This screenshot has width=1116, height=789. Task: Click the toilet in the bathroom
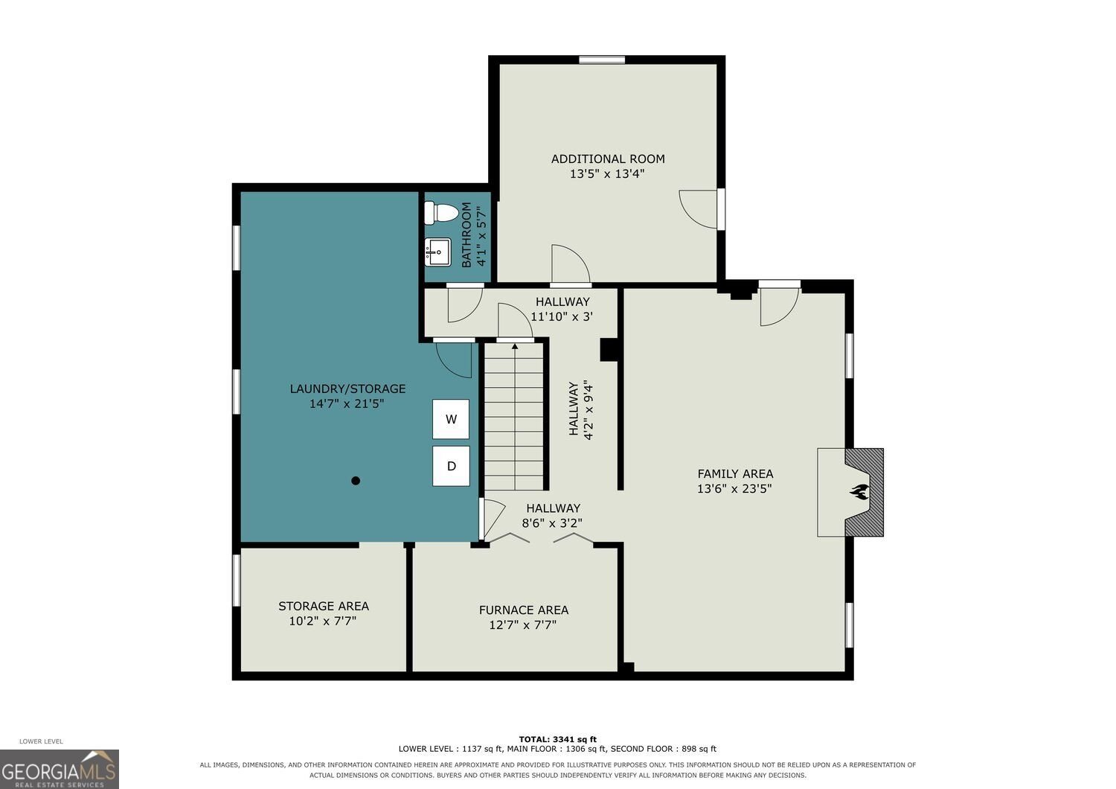[x=441, y=214]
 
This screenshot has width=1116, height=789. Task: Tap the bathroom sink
[x=437, y=252]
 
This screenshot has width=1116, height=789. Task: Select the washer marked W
[x=450, y=418]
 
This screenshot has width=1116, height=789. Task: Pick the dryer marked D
[x=450, y=466]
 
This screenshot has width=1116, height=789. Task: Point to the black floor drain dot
[x=355, y=481]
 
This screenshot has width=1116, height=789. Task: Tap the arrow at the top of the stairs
[x=515, y=345]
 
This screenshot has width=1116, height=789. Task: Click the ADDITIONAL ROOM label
[x=608, y=159]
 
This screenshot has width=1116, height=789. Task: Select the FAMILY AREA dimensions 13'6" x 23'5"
[x=734, y=488]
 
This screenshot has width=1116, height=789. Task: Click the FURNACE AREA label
[x=524, y=610]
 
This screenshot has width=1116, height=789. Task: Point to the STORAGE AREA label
[x=324, y=606]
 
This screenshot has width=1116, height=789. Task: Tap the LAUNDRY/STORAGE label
[x=347, y=389]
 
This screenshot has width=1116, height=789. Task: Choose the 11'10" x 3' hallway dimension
[x=562, y=316]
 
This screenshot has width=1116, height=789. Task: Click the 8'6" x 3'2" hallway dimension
[x=552, y=523]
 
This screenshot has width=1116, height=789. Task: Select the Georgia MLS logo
[x=60, y=769]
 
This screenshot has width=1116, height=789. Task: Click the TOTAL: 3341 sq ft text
[x=557, y=739]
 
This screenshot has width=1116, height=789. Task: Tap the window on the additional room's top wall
[x=602, y=60]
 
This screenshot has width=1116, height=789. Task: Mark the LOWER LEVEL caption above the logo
[x=42, y=741]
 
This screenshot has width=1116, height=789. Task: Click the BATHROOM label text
[x=466, y=234]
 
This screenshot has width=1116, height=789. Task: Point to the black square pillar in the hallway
[x=609, y=350]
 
